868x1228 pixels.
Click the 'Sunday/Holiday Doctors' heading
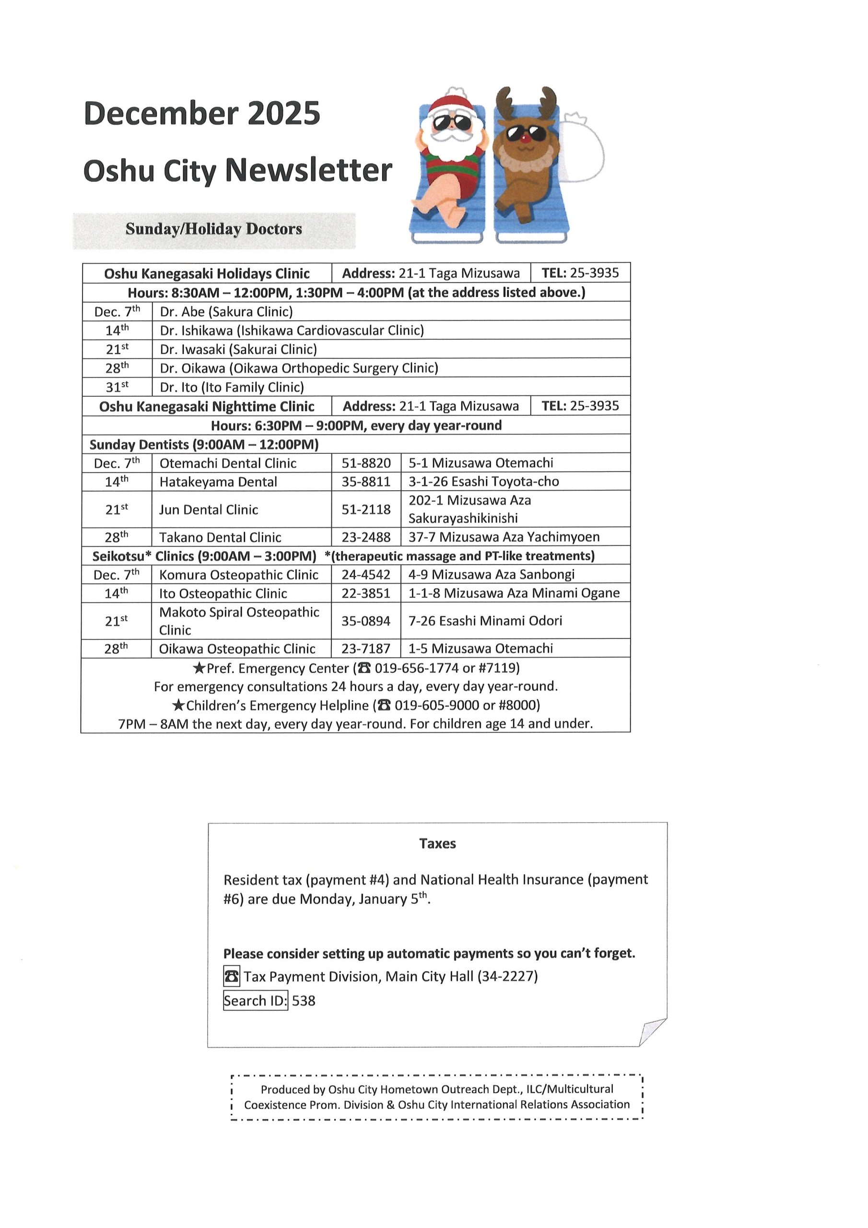point(213,229)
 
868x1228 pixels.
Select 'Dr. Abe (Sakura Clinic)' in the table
point(226,312)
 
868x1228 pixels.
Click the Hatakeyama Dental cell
point(218,482)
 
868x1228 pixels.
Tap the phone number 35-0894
point(366,620)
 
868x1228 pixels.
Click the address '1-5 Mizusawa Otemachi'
point(480,648)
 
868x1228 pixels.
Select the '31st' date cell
point(117,387)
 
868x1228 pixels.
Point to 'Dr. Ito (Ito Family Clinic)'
point(232,387)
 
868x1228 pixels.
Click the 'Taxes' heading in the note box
point(437,843)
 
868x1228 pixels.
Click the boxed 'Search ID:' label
point(256,1000)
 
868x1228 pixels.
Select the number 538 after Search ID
point(304,1001)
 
